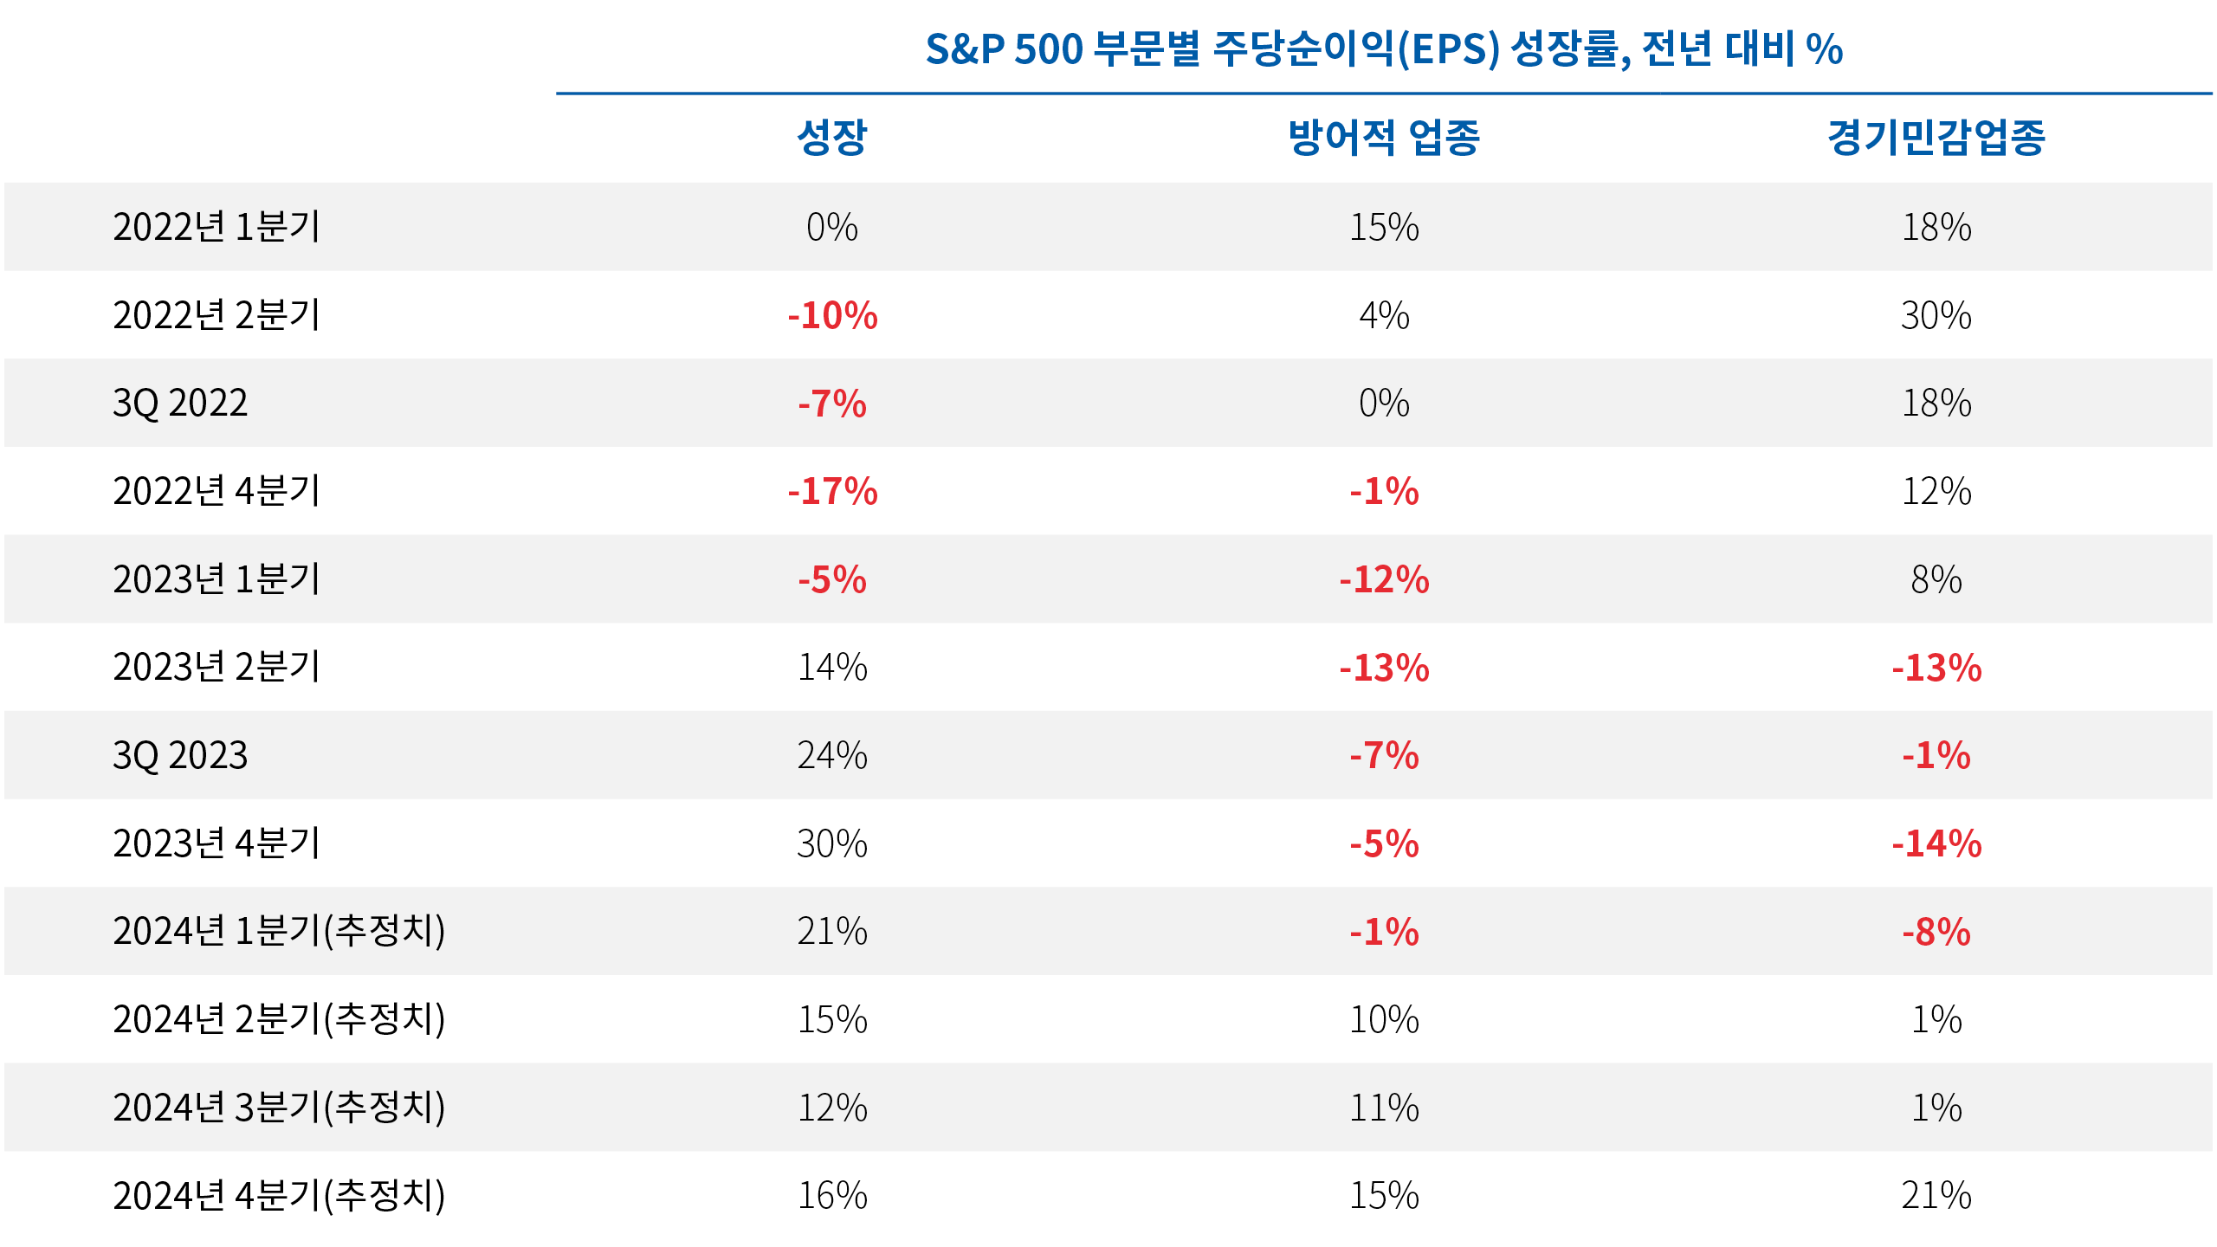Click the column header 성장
831,137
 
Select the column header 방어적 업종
1384,137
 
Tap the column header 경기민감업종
1936,137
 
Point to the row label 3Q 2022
180,404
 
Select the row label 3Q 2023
180,755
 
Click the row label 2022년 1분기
217,227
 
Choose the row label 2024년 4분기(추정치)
279,1195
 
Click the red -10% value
832,315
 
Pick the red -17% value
832,492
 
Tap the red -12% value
1384,579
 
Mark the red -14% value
1936,843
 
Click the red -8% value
1936,932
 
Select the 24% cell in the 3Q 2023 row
832,755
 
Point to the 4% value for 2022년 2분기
1384,315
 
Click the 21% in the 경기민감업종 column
1936,1195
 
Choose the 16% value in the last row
832,1195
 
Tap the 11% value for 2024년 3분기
1384,1108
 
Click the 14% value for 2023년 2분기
832,668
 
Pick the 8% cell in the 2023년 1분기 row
1936,579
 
